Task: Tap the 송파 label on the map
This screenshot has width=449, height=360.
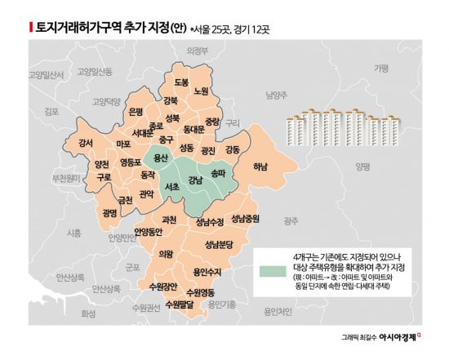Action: [218, 173]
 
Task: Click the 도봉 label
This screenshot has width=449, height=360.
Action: [181, 82]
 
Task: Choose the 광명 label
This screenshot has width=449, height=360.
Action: [111, 212]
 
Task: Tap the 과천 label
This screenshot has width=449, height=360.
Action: [169, 219]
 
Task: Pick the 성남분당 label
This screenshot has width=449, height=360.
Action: [220, 245]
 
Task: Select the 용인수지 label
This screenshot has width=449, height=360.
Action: [207, 272]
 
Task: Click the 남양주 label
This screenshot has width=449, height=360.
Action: [277, 95]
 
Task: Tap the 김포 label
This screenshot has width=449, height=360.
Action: [52, 110]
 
